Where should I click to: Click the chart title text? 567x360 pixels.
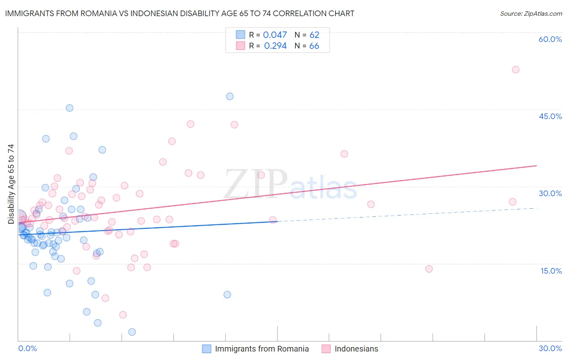pyautogui.click(x=180, y=13)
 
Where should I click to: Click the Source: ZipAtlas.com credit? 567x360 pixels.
pyautogui.click(x=531, y=14)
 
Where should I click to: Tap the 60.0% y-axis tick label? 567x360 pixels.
pyautogui.click(x=550, y=39)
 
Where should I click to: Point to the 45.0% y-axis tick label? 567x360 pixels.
pyautogui.click(x=550, y=116)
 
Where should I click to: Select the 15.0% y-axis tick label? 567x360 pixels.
pyautogui.click(x=551, y=271)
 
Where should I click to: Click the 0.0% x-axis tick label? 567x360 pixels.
pyautogui.click(x=27, y=348)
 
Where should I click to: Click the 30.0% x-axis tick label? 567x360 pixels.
pyautogui.click(x=550, y=348)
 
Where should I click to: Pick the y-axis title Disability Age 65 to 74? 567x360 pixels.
pyautogui.click(x=11, y=184)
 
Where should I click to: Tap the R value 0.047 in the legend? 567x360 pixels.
pyautogui.click(x=275, y=35)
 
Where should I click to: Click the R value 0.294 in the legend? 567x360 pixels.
pyautogui.click(x=275, y=46)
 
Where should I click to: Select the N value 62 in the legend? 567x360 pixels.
pyautogui.click(x=314, y=35)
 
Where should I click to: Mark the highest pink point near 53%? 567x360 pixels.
pyautogui.click(x=515, y=69)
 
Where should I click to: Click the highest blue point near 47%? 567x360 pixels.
pyautogui.click(x=230, y=96)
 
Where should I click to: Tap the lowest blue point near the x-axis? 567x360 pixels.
pyautogui.click(x=132, y=332)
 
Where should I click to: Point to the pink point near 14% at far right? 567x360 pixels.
pyautogui.click(x=429, y=269)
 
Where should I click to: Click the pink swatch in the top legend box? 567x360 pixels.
pyautogui.click(x=240, y=46)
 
